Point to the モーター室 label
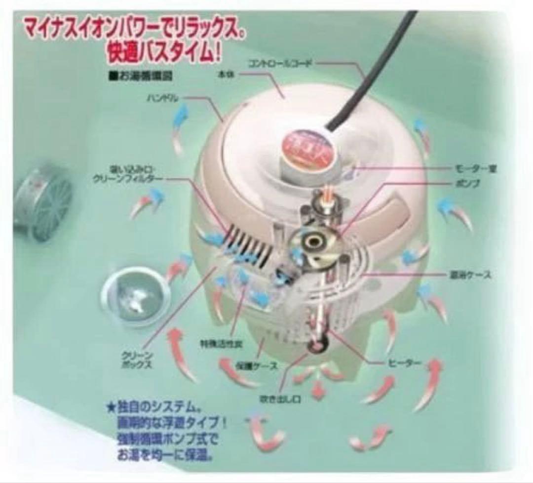(477, 169)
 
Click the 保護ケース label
(256, 366)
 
